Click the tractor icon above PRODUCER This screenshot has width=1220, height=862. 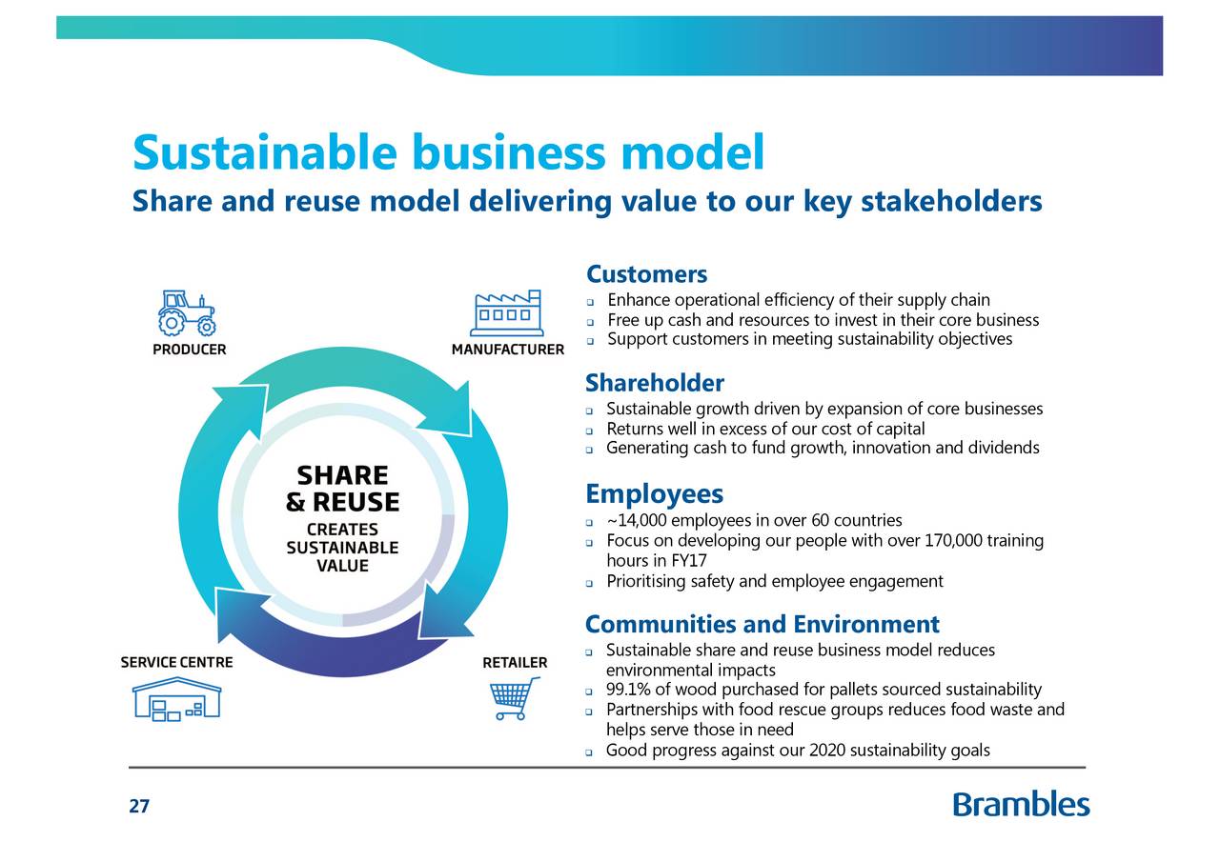click(187, 313)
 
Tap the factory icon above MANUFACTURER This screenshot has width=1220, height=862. click(506, 312)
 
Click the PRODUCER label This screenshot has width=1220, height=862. click(190, 350)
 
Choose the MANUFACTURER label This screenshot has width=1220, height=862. click(507, 350)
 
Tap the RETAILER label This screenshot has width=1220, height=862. click(515, 662)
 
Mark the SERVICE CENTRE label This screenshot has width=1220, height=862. click(176, 662)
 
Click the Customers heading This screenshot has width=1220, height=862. click(646, 275)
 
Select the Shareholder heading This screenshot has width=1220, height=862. click(655, 384)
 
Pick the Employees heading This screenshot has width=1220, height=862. click(654, 494)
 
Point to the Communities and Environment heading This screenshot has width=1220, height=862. click(762, 625)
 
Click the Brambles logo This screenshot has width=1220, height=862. click(1021, 805)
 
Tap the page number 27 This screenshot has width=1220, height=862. click(139, 807)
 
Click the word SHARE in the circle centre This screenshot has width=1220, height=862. click(342, 476)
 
